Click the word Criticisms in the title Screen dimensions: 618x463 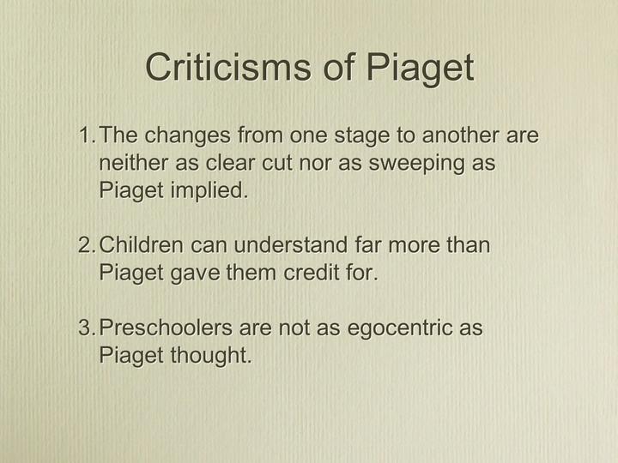click(x=228, y=67)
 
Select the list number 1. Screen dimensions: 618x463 click(x=87, y=135)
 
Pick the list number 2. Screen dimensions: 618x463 click(x=87, y=245)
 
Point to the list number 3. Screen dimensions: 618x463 click(x=87, y=328)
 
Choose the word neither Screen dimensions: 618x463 click(x=134, y=163)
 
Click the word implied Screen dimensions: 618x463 click(x=209, y=192)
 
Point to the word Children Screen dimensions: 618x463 click(x=141, y=245)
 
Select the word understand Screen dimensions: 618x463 click(x=291, y=245)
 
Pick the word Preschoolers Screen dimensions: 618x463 click(x=166, y=328)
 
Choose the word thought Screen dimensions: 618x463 click(x=211, y=357)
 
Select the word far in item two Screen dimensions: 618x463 click(x=367, y=245)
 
